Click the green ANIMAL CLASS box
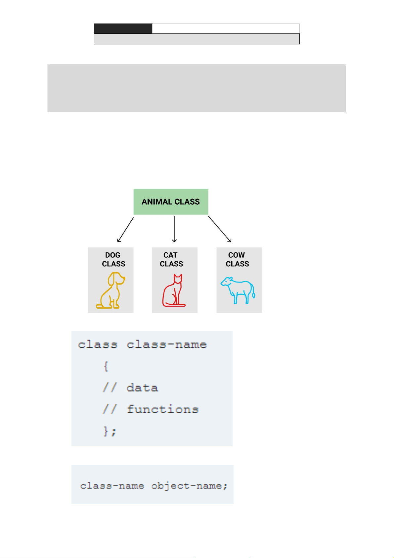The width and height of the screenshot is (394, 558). pyautogui.click(x=171, y=202)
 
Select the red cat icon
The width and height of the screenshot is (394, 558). pyautogui.click(x=174, y=290)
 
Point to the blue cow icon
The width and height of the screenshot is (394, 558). pyautogui.click(x=238, y=290)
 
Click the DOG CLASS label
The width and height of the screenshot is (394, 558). pyautogui.click(x=113, y=260)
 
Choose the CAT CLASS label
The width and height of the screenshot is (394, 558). pyautogui.click(x=171, y=260)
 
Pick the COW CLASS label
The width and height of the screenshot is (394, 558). pyautogui.click(x=237, y=260)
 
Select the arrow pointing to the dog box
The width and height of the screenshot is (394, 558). pyautogui.click(x=125, y=229)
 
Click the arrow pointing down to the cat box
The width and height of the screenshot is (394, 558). pyautogui.click(x=174, y=229)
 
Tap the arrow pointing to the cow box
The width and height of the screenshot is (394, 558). pyautogui.click(x=220, y=229)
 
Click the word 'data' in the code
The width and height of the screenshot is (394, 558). pyautogui.click(x=142, y=388)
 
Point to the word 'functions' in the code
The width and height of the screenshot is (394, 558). pyautogui.click(x=163, y=409)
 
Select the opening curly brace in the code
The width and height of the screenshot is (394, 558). pyautogui.click(x=106, y=366)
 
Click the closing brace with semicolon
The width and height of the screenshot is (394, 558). pyautogui.click(x=109, y=431)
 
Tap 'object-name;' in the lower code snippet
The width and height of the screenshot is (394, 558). pyautogui.click(x=189, y=486)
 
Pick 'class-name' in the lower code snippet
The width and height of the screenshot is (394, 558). pyautogui.click(x=112, y=486)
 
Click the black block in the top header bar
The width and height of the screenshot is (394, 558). pyautogui.click(x=123, y=29)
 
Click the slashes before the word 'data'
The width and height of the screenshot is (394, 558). pyautogui.click(x=109, y=388)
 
